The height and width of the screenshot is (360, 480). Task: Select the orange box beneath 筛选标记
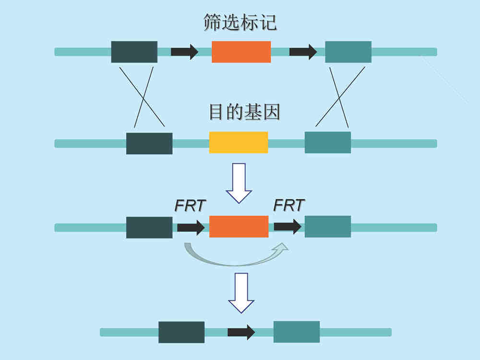241,52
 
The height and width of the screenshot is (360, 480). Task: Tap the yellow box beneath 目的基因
239,143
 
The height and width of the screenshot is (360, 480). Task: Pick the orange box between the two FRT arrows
239,227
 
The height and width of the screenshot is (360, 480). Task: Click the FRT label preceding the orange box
190,205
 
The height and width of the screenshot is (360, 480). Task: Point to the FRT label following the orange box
289,205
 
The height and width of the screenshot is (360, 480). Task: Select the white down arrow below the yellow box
239,183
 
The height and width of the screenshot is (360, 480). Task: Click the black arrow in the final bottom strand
241,332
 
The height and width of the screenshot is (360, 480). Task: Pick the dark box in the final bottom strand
181,332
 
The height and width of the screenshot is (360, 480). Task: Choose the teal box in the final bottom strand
297,332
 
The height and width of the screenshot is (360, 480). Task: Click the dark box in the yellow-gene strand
149,143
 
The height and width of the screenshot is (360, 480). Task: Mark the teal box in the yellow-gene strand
328,143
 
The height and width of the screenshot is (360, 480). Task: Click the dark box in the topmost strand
134,52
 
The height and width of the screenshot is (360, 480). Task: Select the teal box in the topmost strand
348,52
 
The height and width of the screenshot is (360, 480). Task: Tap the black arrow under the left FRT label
191,227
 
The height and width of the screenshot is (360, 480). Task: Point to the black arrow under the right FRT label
288,227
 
